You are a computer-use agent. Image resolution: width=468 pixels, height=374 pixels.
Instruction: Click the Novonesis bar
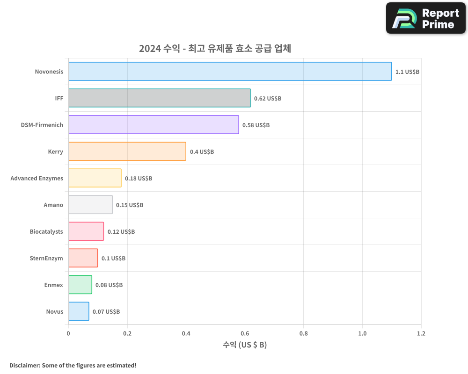pyautogui.click(x=230, y=72)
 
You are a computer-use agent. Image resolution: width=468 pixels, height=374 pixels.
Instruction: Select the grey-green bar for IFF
pyautogui.click(x=159, y=98)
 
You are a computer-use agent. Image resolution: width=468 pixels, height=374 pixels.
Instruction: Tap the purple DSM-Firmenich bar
pyautogui.click(x=154, y=125)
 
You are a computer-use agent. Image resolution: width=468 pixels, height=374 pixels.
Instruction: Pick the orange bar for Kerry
pyautogui.click(x=127, y=151)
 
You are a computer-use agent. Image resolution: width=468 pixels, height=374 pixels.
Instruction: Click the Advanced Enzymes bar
pyautogui.click(x=95, y=178)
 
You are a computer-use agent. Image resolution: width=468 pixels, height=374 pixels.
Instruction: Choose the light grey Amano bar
pyautogui.click(x=90, y=205)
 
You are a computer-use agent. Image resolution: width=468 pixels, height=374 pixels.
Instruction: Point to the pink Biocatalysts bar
pyautogui.click(x=86, y=231)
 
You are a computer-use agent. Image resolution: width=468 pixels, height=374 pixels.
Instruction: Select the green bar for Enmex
pyautogui.click(x=80, y=285)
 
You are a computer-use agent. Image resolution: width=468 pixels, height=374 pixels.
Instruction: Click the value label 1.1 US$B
pyautogui.click(x=407, y=72)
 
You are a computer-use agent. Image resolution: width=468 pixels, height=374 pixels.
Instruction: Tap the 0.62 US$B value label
pyautogui.click(x=268, y=99)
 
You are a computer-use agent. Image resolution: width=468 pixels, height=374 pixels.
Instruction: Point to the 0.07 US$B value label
pyautogui.click(x=106, y=312)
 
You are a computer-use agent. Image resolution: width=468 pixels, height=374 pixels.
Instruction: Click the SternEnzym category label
pyautogui.click(x=46, y=258)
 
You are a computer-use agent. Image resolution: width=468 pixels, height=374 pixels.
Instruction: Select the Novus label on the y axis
pyautogui.click(x=54, y=312)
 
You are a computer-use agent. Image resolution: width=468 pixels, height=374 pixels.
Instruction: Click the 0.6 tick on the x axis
pyautogui.click(x=245, y=334)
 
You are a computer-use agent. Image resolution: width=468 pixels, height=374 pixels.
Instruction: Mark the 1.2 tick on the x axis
pyautogui.click(x=421, y=334)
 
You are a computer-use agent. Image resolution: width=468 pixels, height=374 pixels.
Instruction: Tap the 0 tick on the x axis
pyautogui.click(x=68, y=334)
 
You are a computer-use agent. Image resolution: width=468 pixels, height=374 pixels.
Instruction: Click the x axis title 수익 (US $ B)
pyautogui.click(x=245, y=345)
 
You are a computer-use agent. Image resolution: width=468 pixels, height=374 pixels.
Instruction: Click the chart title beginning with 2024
pyautogui.click(x=215, y=49)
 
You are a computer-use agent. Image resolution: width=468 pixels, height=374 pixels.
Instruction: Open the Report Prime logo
pyautogui.click(x=426, y=18)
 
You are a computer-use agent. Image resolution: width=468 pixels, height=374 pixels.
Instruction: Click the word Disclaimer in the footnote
pyautogui.click(x=24, y=365)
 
